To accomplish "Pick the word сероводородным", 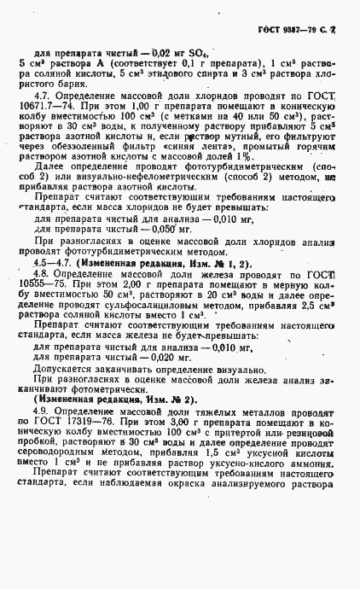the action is pyautogui.click(x=61, y=490).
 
